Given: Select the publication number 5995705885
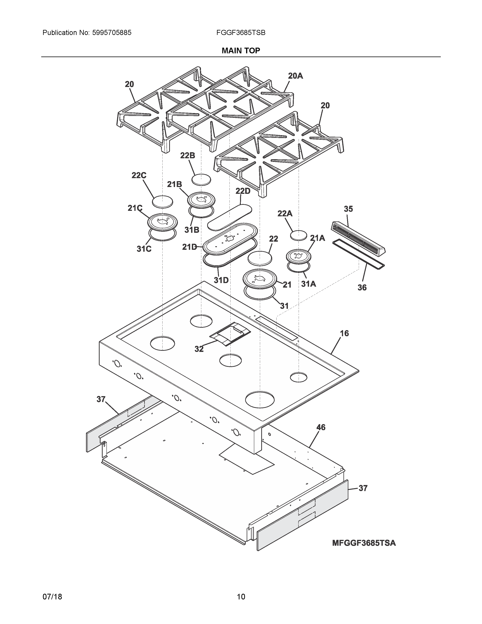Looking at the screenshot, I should [x=112, y=33].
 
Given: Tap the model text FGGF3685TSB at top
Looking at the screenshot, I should [x=241, y=33].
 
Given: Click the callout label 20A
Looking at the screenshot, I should [x=295, y=76].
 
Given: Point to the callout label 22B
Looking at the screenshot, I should [x=188, y=155].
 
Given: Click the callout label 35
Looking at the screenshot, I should [x=348, y=209].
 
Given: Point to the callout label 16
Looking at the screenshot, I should [x=344, y=333].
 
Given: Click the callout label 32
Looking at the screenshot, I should [x=199, y=349].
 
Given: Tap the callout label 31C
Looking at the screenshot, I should [x=144, y=249].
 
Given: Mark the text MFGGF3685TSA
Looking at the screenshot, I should [x=364, y=543].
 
